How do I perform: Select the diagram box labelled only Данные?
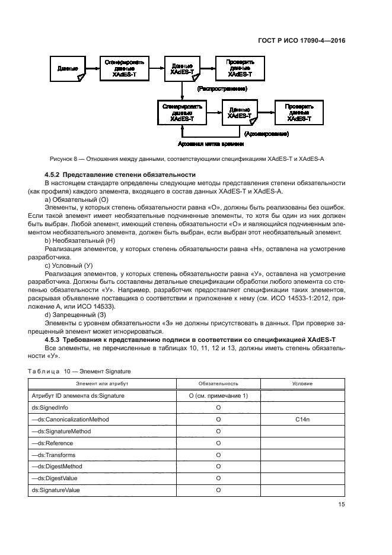(68, 69)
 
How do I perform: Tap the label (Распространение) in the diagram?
(222, 88)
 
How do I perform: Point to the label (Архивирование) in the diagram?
(262, 134)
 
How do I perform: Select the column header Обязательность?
(218, 383)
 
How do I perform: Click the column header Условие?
(303, 383)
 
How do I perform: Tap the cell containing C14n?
(303, 419)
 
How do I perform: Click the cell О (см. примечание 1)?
(218, 395)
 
